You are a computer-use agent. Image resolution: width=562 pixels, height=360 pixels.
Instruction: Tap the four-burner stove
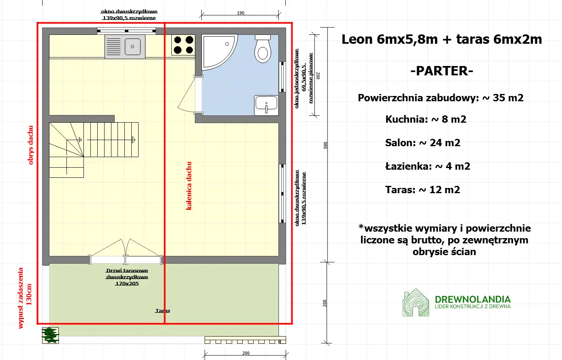point(183,45)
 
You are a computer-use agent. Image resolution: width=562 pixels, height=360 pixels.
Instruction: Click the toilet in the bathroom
point(263,49)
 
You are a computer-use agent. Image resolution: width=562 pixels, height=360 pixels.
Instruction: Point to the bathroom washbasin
point(266,105)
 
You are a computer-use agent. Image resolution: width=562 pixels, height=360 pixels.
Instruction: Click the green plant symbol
point(50,335)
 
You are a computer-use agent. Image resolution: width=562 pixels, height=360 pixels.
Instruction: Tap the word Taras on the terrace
point(162,311)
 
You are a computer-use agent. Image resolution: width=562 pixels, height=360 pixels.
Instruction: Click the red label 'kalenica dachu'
point(189,186)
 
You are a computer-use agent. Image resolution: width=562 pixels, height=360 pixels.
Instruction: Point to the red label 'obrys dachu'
point(31,145)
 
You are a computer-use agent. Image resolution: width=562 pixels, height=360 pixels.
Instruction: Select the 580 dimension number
point(325,145)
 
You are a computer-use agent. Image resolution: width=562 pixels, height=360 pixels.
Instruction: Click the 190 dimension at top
point(241,13)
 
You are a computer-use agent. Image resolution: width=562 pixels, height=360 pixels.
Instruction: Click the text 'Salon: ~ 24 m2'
point(423,143)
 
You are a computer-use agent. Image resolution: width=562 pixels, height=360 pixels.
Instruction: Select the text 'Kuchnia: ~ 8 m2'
point(425,119)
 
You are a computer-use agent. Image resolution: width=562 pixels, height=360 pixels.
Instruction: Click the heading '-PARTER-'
point(442,71)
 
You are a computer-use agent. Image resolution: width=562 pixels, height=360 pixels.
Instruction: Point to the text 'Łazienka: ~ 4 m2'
point(427,166)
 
